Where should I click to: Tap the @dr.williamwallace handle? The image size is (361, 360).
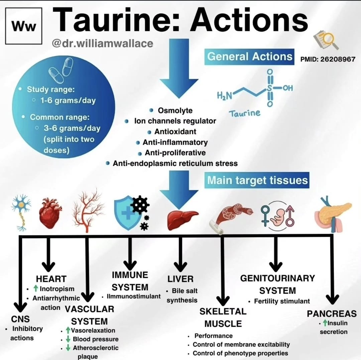tap(102, 43)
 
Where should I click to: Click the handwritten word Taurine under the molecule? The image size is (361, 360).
tap(244, 113)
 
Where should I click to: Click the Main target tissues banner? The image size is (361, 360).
tap(257, 180)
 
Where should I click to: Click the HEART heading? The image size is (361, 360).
tap(51, 279)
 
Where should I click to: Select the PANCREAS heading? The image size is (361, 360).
tap(332, 314)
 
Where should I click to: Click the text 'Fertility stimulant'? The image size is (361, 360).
tap(282, 301)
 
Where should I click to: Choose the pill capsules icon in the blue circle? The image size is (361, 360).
tap(61, 71)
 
